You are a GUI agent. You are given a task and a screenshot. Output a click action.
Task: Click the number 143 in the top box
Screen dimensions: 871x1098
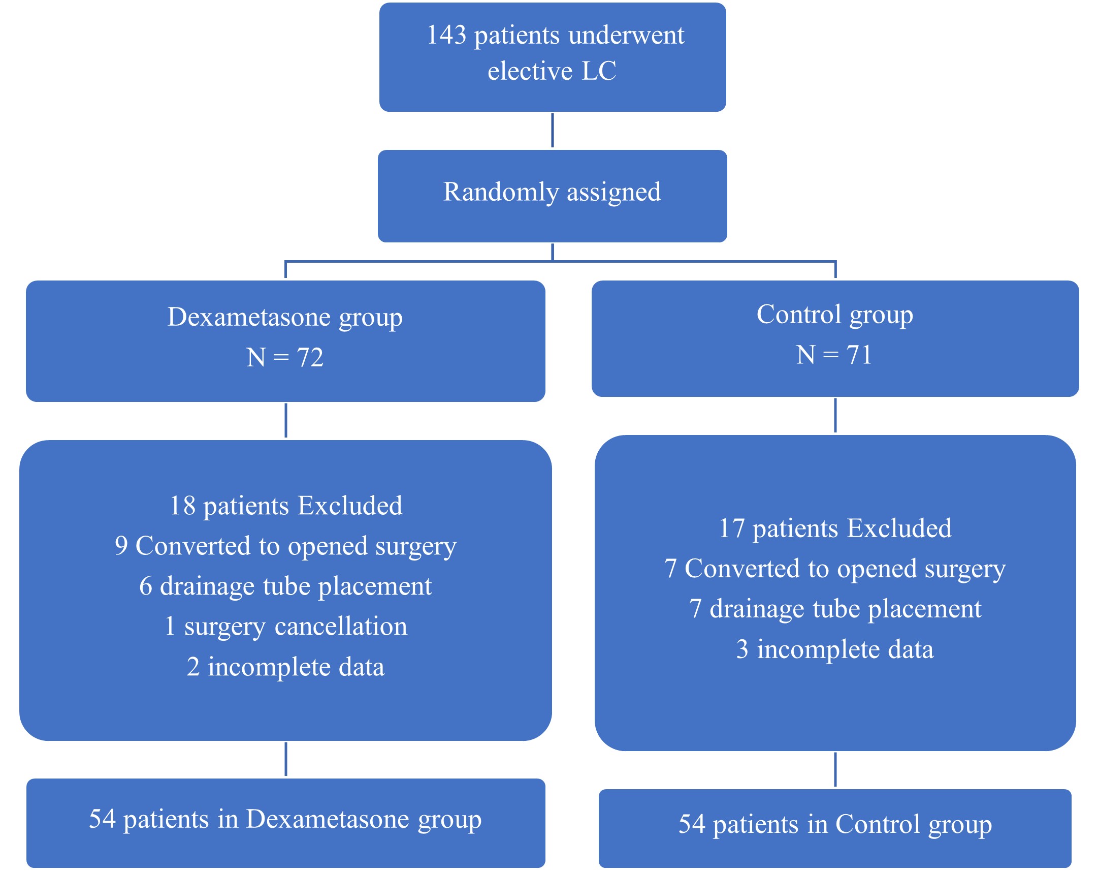point(446,35)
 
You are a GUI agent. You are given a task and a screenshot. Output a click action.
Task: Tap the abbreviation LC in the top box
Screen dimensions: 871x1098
point(599,70)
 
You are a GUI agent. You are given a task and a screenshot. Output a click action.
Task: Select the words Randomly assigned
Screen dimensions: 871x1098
point(552,192)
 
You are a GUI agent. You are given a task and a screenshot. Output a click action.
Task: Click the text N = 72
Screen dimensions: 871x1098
point(285,357)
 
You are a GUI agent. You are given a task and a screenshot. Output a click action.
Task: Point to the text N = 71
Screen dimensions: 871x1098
point(834,354)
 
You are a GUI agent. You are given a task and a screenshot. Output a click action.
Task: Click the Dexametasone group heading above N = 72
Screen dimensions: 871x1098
point(285,317)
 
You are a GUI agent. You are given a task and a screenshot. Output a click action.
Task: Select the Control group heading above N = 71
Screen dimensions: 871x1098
point(834,314)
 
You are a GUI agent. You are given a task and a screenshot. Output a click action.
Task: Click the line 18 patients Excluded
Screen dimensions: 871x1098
point(286,505)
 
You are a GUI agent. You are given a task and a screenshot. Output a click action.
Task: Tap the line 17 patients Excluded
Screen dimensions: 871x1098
point(835,527)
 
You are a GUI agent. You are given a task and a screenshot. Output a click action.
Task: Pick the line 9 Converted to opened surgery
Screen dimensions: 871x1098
point(286,545)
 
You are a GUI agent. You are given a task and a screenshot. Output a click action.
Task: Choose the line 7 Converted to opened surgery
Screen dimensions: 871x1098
point(835,568)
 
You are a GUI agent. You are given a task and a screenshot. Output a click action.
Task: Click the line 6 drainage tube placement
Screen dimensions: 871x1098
point(286,585)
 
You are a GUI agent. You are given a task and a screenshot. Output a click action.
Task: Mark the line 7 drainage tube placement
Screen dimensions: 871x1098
point(835,608)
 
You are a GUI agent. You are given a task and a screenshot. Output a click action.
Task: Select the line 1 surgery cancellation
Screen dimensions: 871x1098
point(286,626)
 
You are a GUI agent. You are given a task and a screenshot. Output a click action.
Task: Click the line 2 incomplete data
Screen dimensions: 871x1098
point(286,666)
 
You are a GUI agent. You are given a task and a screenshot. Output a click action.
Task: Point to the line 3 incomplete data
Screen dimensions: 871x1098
point(835,649)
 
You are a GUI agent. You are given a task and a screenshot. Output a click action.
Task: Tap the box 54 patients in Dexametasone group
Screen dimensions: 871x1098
point(286,819)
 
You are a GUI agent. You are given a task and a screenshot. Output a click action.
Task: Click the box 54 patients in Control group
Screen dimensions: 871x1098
point(835,824)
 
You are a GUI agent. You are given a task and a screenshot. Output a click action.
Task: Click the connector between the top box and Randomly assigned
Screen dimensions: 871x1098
point(553,131)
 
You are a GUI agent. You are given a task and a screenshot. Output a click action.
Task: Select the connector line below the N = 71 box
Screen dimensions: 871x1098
point(835,415)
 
